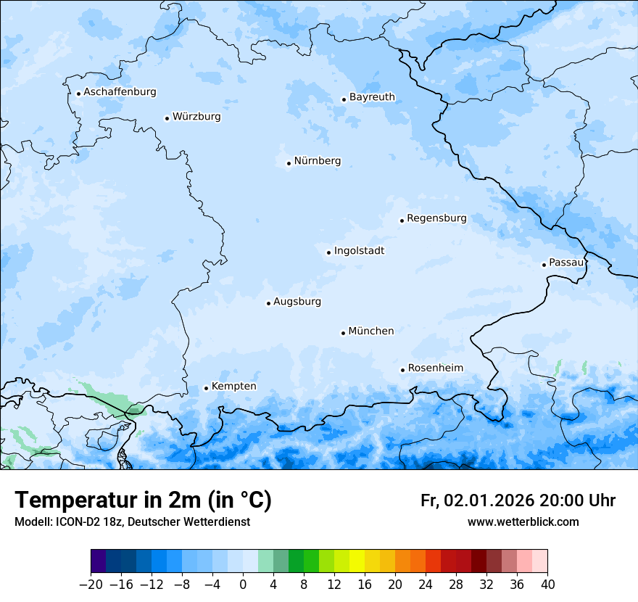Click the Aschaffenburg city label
pyautogui.click(x=120, y=92)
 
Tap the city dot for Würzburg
pyautogui.click(x=167, y=118)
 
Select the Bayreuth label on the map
pyautogui.click(x=372, y=97)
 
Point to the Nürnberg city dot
pyautogui.click(x=289, y=163)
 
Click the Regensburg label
pyautogui.click(x=436, y=218)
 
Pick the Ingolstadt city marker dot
pyautogui.click(x=328, y=252)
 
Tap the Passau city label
pyautogui.click(x=566, y=263)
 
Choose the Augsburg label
pyautogui.click(x=297, y=302)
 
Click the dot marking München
pyautogui.click(x=343, y=333)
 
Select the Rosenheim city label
pyautogui.click(x=435, y=368)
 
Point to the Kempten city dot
pyautogui.click(x=206, y=388)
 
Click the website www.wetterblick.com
pyautogui.click(x=523, y=522)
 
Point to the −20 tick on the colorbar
pyautogui.click(x=91, y=585)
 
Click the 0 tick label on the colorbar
pyautogui.click(x=243, y=585)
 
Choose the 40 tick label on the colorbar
pyautogui.click(x=547, y=585)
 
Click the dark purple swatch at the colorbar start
pyautogui.click(x=99, y=561)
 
